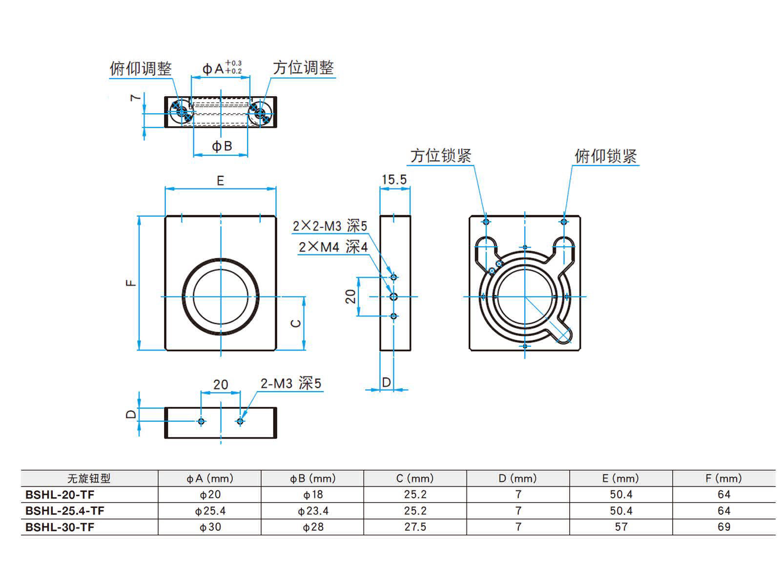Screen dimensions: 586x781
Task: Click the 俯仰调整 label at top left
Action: (x=141, y=68)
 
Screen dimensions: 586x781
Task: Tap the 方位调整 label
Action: (x=303, y=68)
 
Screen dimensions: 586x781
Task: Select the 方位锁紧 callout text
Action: (x=441, y=156)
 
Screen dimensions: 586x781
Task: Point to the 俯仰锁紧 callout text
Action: (x=605, y=156)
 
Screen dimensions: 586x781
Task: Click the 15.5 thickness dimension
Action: (x=394, y=180)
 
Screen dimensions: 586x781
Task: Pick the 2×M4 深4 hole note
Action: (x=333, y=247)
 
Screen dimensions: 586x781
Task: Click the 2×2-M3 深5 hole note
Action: (x=329, y=226)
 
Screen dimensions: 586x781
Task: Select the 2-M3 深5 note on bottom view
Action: (x=291, y=383)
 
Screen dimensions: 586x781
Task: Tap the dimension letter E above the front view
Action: (x=220, y=181)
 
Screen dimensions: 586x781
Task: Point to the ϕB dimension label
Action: (x=222, y=146)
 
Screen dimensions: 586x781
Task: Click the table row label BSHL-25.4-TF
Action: (x=65, y=511)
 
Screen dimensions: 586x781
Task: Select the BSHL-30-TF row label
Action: (x=60, y=527)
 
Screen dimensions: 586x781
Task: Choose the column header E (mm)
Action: (x=620, y=479)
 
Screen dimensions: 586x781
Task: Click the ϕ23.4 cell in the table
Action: (x=313, y=511)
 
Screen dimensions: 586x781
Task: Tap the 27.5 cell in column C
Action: (x=415, y=527)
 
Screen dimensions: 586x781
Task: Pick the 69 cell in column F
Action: (x=724, y=527)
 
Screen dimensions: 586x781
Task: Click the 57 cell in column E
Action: (x=621, y=527)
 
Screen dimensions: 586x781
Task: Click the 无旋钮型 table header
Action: (x=89, y=479)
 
